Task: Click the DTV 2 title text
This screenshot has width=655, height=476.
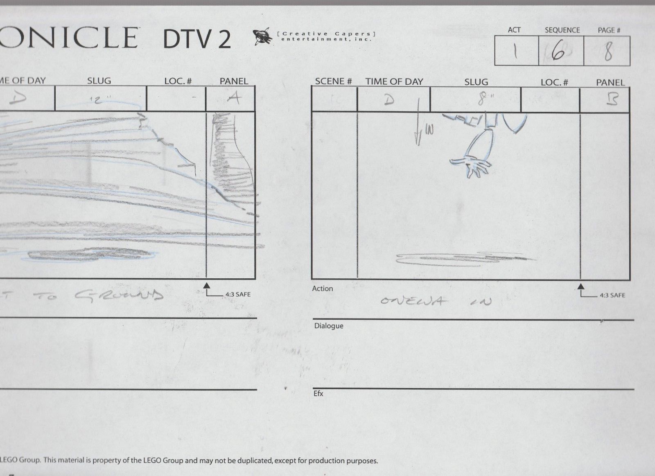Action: tap(197, 39)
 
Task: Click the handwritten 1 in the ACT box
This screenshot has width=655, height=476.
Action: tap(515, 52)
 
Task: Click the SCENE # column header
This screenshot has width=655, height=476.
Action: tap(333, 81)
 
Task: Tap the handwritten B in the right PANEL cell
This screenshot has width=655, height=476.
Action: tap(612, 99)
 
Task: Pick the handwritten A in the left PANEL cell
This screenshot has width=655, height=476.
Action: tap(234, 99)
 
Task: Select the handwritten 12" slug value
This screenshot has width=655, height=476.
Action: tap(98, 100)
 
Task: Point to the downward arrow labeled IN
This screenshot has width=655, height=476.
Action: tap(418, 121)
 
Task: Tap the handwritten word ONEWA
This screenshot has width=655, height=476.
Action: tap(412, 302)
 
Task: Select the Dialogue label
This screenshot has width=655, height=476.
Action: tap(329, 326)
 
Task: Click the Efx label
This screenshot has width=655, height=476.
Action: tap(318, 394)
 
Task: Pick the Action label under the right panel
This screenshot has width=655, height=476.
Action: tap(322, 289)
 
